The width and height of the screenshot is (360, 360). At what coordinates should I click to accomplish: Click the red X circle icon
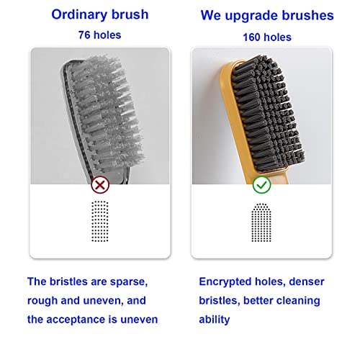click(99, 184)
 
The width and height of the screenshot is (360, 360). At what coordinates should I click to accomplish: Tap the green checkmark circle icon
click(261, 184)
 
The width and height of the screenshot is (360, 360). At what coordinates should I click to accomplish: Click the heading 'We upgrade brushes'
click(267, 14)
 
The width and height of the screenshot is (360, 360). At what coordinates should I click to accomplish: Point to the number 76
click(84, 35)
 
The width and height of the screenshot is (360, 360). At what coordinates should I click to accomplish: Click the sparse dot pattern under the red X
click(99, 220)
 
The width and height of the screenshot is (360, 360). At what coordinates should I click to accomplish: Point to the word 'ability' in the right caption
click(214, 319)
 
